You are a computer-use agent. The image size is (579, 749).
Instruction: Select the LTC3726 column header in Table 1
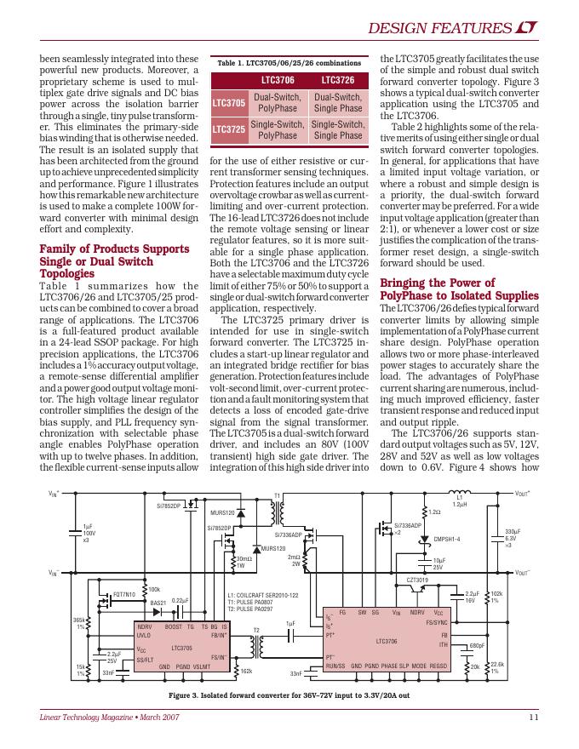pos(337,79)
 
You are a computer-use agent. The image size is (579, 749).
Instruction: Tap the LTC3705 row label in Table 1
pos(228,103)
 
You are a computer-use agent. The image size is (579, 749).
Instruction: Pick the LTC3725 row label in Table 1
pos(228,129)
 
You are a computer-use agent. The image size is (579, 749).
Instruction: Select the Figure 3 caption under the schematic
pos(289,695)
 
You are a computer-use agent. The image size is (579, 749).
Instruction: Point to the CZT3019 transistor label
pos(417,580)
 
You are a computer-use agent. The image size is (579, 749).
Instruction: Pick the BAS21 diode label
pos(158,603)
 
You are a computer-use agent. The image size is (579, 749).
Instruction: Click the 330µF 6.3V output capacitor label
pos(513,537)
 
